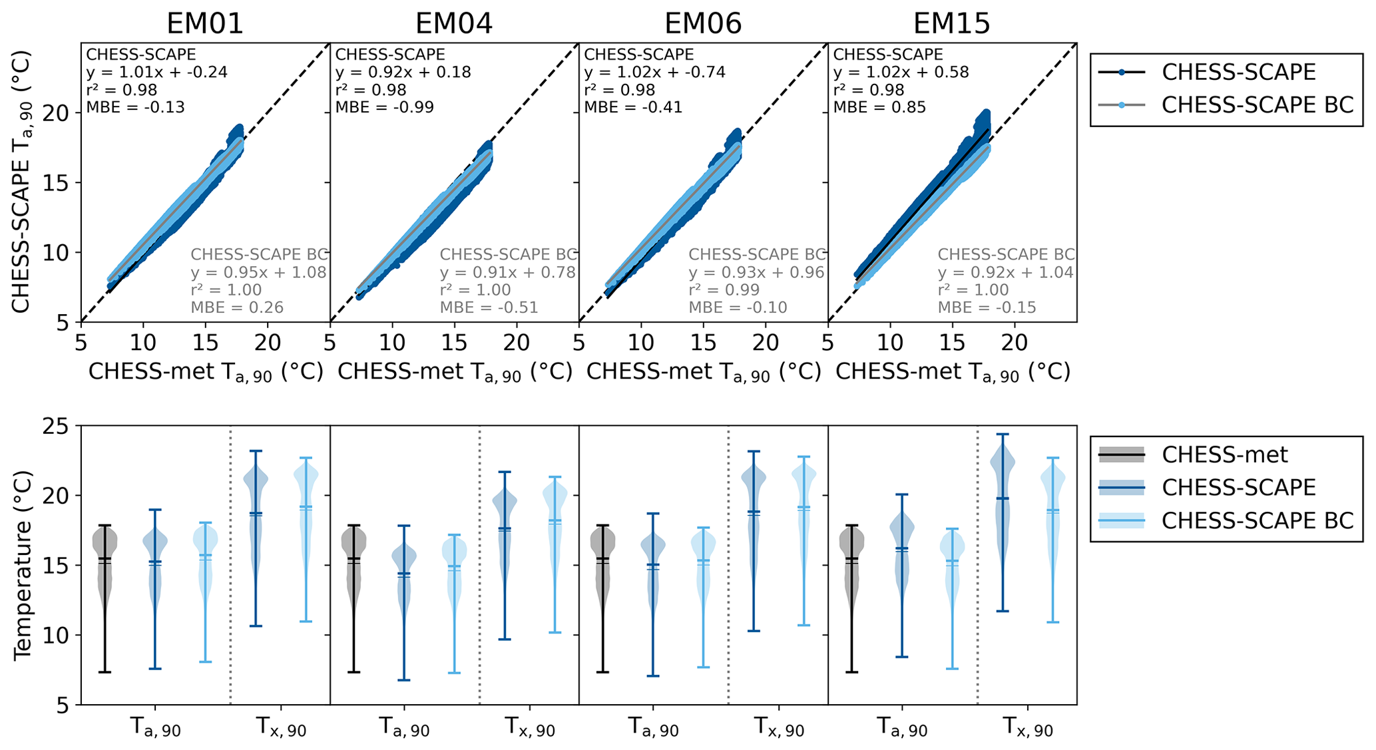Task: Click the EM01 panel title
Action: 205,24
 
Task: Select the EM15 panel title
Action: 951,24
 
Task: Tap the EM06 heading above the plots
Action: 703,24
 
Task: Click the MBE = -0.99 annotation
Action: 384,107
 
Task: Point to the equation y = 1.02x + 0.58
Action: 901,72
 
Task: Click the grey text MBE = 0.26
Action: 237,307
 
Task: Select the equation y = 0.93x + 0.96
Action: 756,272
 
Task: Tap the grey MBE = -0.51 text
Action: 489,307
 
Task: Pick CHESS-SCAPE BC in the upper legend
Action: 1258,104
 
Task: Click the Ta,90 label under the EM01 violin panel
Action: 154,728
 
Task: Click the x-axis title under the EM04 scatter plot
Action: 455,373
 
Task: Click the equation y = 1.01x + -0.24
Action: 156,72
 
